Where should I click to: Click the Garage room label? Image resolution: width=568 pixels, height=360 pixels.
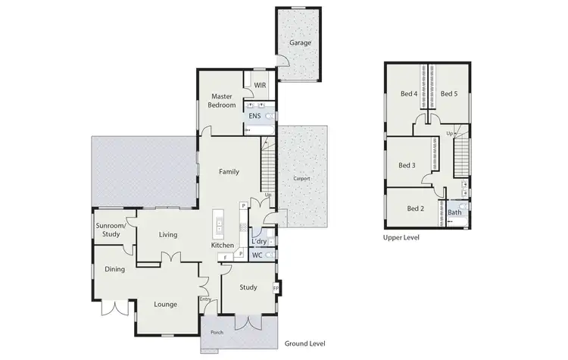(300, 43)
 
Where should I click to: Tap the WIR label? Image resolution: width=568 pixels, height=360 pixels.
(259, 86)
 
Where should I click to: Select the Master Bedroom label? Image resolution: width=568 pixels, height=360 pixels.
(221, 100)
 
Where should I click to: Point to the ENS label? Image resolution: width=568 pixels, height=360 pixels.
(254, 116)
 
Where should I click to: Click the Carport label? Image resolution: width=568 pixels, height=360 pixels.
(301, 178)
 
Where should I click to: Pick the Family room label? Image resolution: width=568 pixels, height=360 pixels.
(229, 171)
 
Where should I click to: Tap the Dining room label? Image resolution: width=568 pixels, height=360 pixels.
(115, 269)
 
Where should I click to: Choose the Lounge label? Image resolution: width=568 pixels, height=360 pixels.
(165, 304)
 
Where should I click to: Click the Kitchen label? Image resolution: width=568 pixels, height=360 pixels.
(223, 246)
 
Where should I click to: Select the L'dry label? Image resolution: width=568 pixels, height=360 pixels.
(258, 242)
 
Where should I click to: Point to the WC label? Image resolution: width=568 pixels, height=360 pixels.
(257, 255)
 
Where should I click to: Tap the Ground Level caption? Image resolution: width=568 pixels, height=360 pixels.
(304, 343)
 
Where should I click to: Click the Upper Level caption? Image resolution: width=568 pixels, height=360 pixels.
(401, 237)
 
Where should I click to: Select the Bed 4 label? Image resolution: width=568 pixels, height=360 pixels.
(409, 94)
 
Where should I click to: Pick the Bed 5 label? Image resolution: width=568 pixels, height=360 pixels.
(450, 94)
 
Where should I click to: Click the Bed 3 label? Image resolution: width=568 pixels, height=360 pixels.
(407, 165)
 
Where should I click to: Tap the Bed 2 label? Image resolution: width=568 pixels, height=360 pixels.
(415, 208)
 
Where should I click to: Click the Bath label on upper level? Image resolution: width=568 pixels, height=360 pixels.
(454, 212)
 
